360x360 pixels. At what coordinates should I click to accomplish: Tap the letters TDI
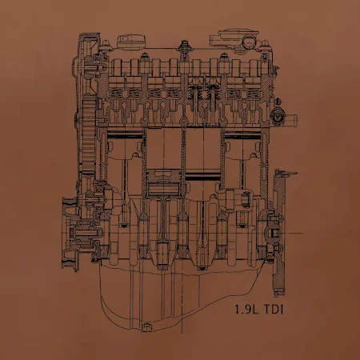(274, 310)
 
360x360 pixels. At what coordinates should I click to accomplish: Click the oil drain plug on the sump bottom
(146, 326)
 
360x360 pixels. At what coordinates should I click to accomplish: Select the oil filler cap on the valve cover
(132, 42)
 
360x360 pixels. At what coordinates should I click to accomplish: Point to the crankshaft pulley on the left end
(70, 234)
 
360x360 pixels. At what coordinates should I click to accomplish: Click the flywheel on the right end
(279, 233)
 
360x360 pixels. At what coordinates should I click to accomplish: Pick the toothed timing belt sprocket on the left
(89, 136)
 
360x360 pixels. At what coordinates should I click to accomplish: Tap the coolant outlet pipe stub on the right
(290, 119)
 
